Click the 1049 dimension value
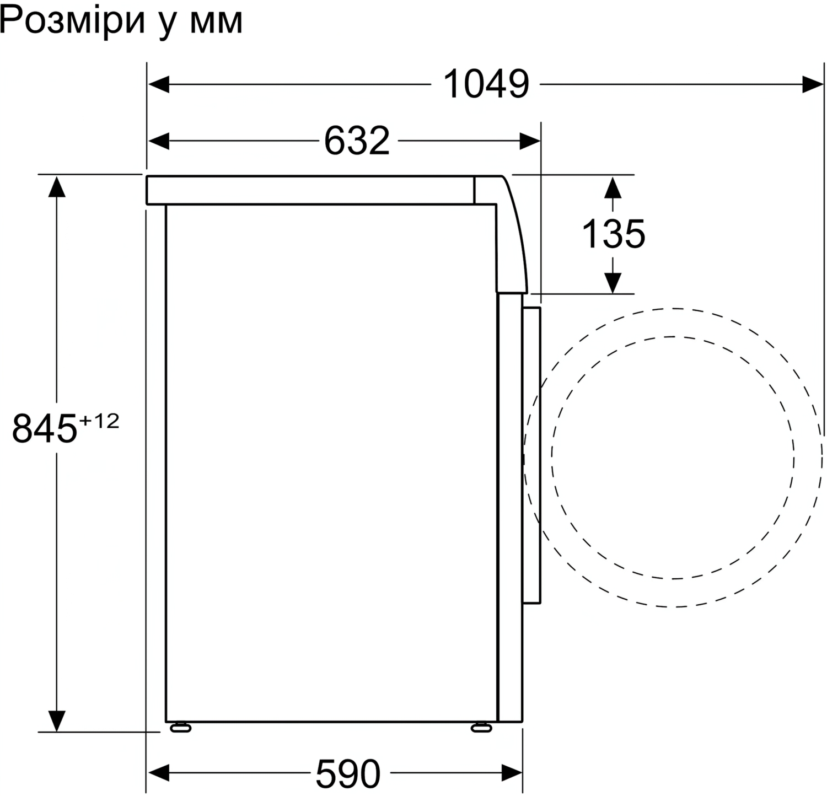tap(486, 84)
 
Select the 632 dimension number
tap(357, 141)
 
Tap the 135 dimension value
tap(613, 233)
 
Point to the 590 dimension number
tap(348, 773)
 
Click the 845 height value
tap(44, 428)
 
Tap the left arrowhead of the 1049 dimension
tap(158, 85)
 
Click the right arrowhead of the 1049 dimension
tap(813, 85)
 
